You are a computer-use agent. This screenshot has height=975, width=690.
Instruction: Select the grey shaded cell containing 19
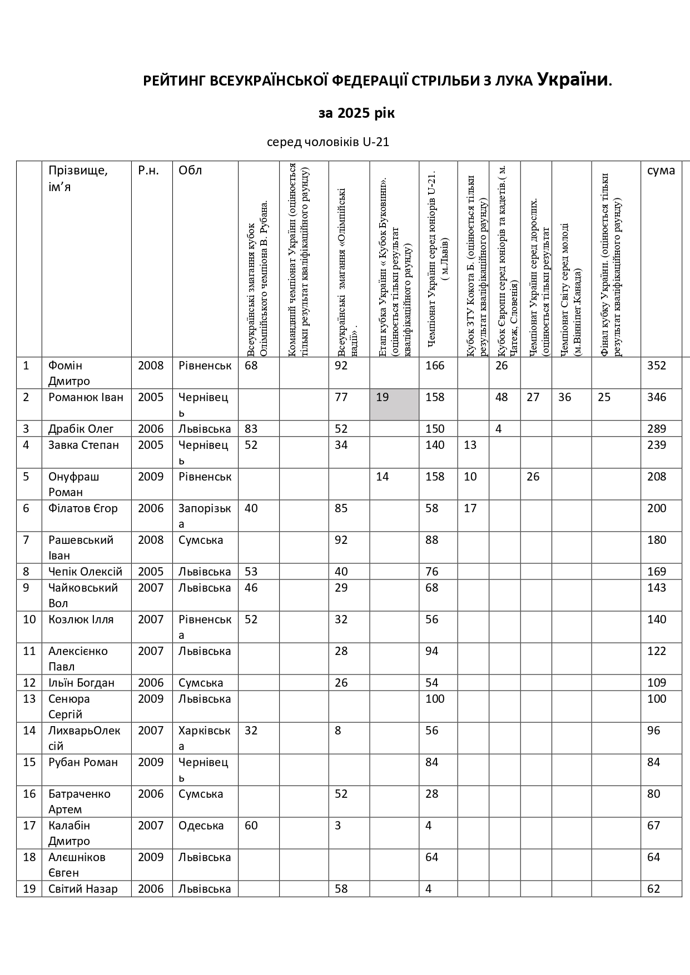tap(394, 404)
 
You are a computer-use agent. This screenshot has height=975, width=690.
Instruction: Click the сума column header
tap(661, 171)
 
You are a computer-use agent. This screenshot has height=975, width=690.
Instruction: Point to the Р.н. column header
tap(148, 171)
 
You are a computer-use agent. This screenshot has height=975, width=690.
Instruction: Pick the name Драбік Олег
tap(81, 429)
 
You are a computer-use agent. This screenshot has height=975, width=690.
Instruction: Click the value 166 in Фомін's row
tap(435, 366)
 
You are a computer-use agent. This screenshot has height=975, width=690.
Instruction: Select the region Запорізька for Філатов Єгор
tap(205, 516)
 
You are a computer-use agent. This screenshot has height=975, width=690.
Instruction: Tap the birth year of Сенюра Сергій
tap(151, 699)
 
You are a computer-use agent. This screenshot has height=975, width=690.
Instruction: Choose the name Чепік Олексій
tap(85, 572)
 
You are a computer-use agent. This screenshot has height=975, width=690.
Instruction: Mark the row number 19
tap(29, 889)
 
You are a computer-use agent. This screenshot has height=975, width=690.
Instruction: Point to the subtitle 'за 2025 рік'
tap(356, 113)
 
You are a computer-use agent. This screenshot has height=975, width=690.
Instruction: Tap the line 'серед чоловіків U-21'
tap(328, 142)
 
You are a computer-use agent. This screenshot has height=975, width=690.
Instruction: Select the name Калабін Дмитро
tap(69, 833)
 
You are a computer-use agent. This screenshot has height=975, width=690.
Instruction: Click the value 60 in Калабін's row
tap(251, 826)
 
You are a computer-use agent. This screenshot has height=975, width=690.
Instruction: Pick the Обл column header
tap(190, 171)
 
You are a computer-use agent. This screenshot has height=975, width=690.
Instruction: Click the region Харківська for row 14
tap(205, 738)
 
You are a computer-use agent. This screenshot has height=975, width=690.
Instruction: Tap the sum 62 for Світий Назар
tap(653, 889)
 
